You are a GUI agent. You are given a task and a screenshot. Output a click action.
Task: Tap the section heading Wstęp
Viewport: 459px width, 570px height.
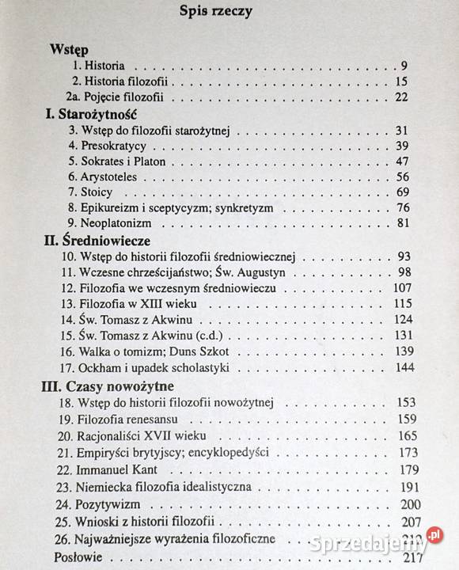pyautogui.click(x=69, y=49)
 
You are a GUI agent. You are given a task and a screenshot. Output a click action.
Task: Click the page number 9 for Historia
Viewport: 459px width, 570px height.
pyautogui.click(x=403, y=66)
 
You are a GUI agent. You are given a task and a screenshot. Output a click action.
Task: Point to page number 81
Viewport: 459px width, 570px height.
pyautogui.click(x=401, y=223)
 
